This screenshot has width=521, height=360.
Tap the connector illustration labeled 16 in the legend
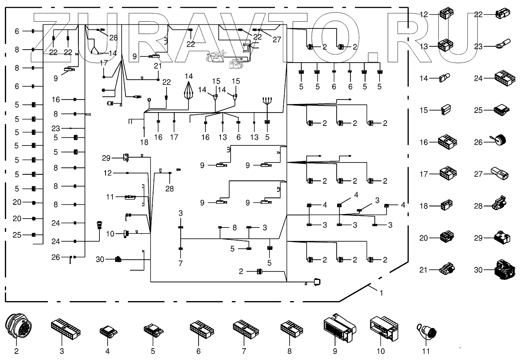(447, 142)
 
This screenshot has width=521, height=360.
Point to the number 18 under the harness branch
(144, 142)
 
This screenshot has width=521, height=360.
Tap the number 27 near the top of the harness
(277, 39)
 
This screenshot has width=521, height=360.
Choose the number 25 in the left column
(17, 235)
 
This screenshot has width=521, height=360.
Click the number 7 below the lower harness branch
(181, 264)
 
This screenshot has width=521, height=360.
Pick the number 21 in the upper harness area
(158, 66)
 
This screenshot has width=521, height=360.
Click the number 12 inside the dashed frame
(107, 173)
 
